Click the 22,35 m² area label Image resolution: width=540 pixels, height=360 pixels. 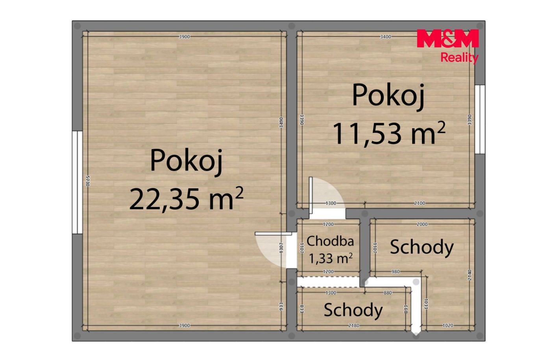(186, 199)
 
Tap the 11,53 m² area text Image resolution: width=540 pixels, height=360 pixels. (389, 133)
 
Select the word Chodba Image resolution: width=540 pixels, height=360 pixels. (330, 241)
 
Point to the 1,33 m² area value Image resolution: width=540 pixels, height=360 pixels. (331, 258)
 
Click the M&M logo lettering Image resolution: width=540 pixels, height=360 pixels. (448, 38)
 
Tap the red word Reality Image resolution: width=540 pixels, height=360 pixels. (459, 58)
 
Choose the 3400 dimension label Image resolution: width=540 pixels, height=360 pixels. (385, 37)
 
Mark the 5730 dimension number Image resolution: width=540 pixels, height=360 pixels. (88, 181)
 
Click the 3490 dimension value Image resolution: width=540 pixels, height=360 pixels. (281, 122)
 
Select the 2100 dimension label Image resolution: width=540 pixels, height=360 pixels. (420, 203)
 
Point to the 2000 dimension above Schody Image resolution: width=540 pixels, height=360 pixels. (422, 224)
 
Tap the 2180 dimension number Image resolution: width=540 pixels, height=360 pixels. (354, 325)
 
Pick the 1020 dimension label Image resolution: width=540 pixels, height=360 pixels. (448, 325)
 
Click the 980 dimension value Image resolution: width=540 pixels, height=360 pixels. (396, 271)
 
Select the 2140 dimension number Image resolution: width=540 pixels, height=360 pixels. (470, 275)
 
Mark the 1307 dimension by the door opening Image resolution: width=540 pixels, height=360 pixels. (281, 248)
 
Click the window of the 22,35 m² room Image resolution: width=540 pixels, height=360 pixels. (78, 182)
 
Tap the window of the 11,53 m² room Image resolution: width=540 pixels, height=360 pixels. (480, 119)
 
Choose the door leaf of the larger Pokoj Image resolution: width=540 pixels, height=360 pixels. (274, 234)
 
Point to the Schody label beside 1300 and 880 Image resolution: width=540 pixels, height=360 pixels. (353, 310)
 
